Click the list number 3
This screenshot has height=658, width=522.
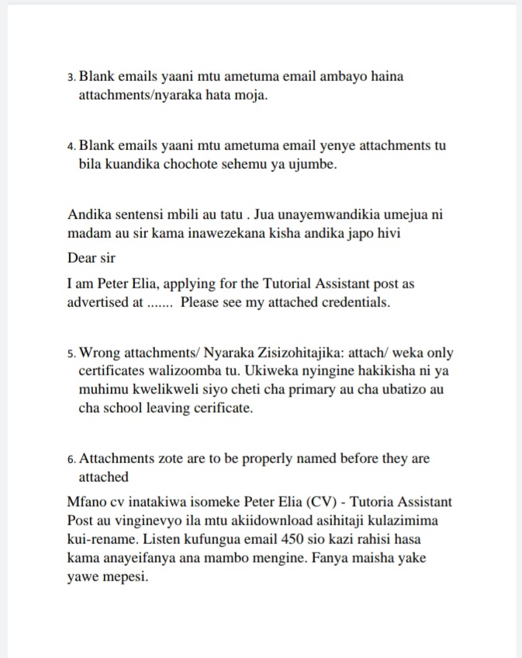click(x=71, y=78)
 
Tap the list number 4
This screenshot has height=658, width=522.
click(x=71, y=147)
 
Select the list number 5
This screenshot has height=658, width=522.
click(x=71, y=354)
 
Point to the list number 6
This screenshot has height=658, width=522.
click(x=71, y=460)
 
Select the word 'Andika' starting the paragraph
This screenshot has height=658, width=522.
click(x=88, y=214)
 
